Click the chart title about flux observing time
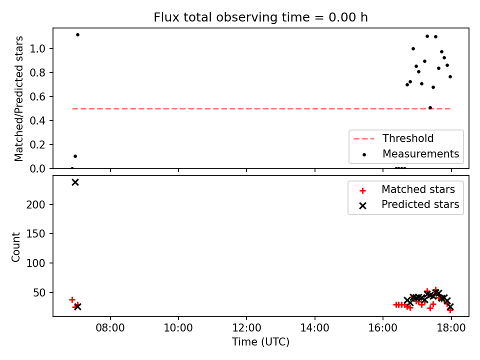(260, 17)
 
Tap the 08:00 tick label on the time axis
(110, 328)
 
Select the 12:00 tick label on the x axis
(246, 328)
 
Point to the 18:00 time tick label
(451, 328)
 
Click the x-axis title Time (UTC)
(260, 341)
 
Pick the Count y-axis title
(15, 246)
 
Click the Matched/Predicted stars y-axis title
(18, 98)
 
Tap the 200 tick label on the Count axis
(35, 204)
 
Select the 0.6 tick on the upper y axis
(37, 96)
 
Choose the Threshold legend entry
(407, 138)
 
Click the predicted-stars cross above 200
(75, 182)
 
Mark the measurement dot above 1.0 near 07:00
(78, 35)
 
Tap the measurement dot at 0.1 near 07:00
(75, 156)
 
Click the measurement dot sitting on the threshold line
(430, 108)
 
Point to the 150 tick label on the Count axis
(35, 234)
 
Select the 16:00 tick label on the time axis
(382, 328)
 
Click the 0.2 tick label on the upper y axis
(37, 144)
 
